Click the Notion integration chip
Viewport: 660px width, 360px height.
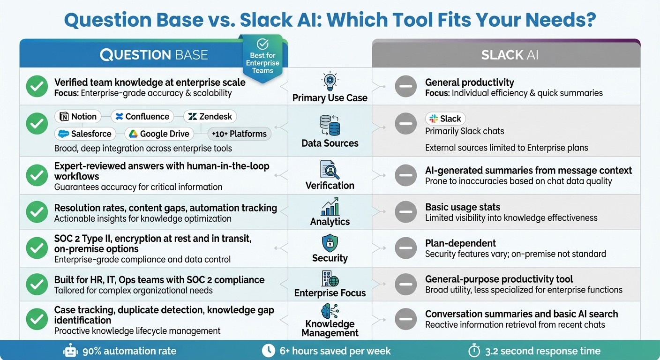[x=78, y=117]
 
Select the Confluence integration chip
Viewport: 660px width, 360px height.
[x=142, y=117]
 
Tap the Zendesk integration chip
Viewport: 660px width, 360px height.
[x=210, y=117]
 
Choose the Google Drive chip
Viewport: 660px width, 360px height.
[x=159, y=134]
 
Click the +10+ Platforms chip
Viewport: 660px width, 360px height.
[x=239, y=134]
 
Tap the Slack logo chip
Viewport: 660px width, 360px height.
[x=445, y=119]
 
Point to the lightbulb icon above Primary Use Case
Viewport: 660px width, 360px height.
[x=330, y=81]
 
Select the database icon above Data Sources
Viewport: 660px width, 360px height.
[x=330, y=125]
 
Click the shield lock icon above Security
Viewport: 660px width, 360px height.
[x=330, y=243]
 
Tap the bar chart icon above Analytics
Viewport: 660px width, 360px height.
[x=330, y=207]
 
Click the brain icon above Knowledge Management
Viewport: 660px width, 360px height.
[x=330, y=311]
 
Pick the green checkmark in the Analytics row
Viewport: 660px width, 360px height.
[x=37, y=212]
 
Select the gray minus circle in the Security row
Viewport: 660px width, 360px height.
[x=405, y=248]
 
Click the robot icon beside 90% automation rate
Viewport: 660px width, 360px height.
[x=70, y=351]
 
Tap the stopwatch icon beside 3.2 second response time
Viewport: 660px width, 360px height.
[x=474, y=351]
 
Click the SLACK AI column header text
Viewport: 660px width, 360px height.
[x=510, y=55]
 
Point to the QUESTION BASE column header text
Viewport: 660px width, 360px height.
[x=154, y=55]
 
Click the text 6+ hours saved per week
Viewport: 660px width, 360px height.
[x=335, y=351]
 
